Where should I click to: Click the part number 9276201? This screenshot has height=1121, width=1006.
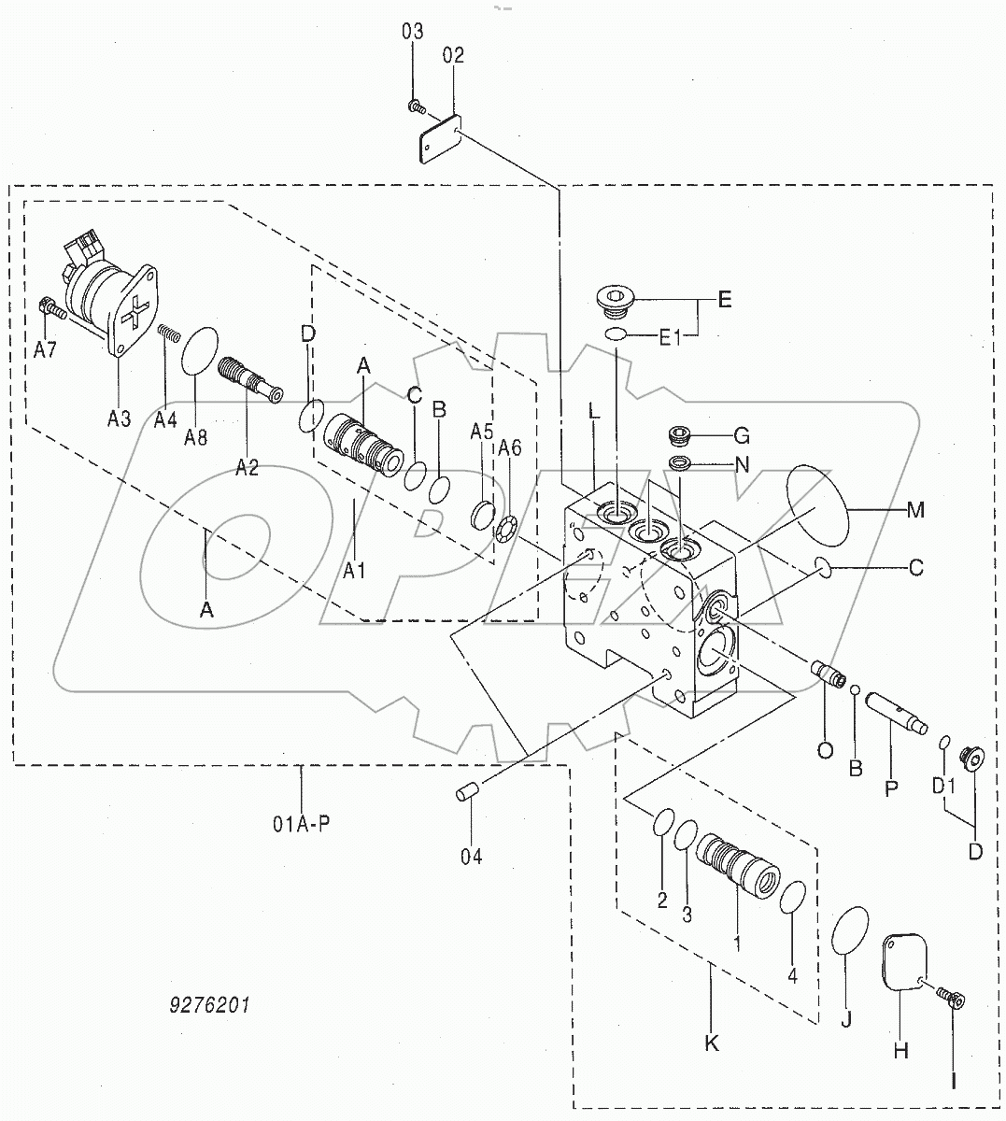210,1006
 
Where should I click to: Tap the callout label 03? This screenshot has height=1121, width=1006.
412,32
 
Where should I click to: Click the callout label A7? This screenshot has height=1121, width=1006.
45,350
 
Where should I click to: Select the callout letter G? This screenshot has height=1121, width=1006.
742,435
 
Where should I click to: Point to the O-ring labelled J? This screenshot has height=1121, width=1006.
850,929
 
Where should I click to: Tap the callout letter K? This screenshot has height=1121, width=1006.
711,1043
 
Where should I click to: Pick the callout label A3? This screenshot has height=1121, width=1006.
118,419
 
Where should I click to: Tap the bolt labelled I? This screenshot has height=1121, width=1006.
950,1001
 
